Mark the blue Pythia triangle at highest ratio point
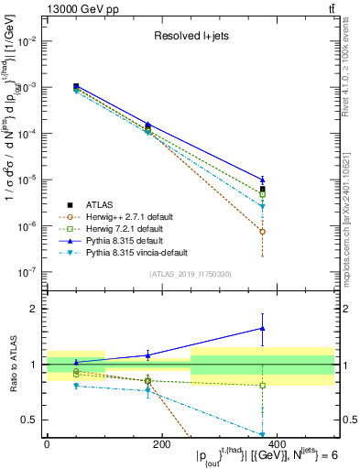tap(263, 328)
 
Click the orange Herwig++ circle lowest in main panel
tap(263, 231)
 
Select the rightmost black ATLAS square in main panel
tap(263, 190)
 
